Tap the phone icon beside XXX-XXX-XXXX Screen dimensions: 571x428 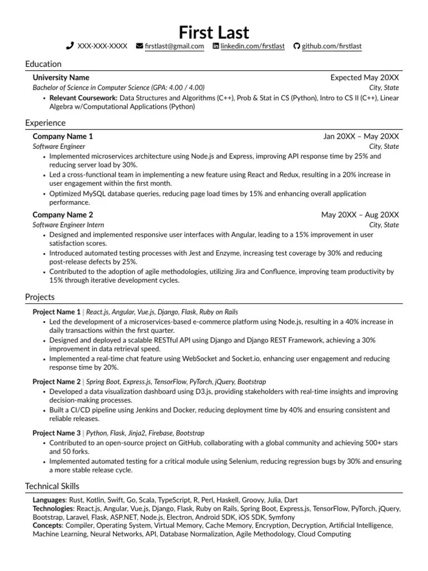[x=70, y=46]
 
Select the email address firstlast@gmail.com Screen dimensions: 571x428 [x=174, y=46]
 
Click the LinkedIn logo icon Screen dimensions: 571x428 [x=216, y=46]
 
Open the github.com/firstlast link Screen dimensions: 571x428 [x=332, y=46]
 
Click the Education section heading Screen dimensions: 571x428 [x=43, y=64]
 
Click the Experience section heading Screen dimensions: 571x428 [x=45, y=123]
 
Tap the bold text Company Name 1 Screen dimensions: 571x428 [x=63, y=137]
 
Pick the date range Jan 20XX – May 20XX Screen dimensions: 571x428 [x=361, y=137]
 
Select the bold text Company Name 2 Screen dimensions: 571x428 [x=63, y=215]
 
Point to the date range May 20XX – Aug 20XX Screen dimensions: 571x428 [x=359, y=215]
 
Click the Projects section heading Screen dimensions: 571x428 [x=40, y=297]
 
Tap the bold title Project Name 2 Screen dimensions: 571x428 [x=57, y=381]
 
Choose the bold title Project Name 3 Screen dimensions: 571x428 [x=57, y=433]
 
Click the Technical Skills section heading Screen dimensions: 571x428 [x=52, y=486]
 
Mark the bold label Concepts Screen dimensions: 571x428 [x=47, y=525]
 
